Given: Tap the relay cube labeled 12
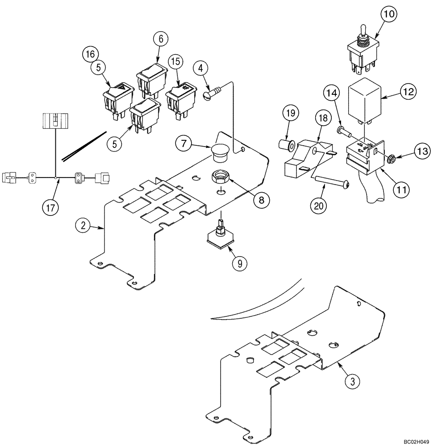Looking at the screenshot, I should (x=364, y=99).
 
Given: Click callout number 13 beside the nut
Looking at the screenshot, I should (x=421, y=152).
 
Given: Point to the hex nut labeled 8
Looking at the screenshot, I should (x=220, y=177).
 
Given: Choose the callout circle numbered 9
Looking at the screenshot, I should (x=240, y=263).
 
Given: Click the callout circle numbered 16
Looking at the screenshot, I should (x=90, y=54).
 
